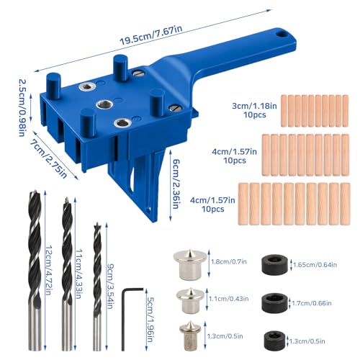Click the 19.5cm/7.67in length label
pyautogui.click(x=151, y=35)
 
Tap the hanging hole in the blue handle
pyautogui.click(x=282, y=34)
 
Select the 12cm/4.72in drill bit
pyautogui.click(x=35, y=271)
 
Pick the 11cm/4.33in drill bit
pyautogui.click(x=67, y=274)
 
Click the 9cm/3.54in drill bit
pyautogui.click(x=97, y=287)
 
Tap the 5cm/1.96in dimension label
pyautogui.click(x=150, y=320)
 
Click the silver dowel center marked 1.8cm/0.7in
pyautogui.click(x=190, y=265)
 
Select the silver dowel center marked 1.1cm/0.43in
pyautogui.click(x=190, y=301)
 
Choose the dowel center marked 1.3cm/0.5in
pyautogui.click(x=190, y=335)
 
